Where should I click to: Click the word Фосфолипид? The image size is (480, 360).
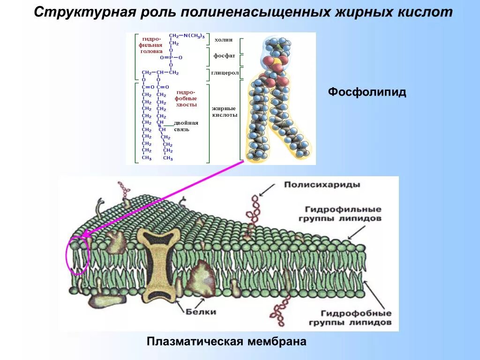pos(367,92)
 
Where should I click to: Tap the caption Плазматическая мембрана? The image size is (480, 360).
pos(226,341)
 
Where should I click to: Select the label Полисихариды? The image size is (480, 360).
pos(322,185)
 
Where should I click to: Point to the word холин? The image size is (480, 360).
pos(224,40)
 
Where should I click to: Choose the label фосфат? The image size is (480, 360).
pos(225,56)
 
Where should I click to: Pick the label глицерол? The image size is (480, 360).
pos(225,73)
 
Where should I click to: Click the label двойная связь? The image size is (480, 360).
pos(187,126)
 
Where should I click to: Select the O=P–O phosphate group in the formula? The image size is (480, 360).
pos(171,57)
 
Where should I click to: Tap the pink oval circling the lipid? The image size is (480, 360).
pos(78,255)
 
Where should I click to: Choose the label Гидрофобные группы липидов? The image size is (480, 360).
pos(356,318)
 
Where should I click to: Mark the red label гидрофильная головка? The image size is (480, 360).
pos(151,45)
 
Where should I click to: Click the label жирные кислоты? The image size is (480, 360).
pos(225,112)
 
